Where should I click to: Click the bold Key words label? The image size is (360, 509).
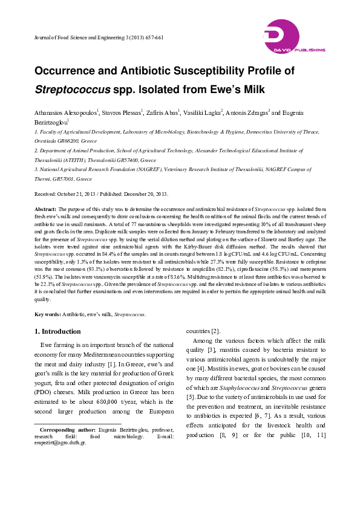click(x=47, y=314)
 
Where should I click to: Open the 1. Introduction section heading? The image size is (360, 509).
click(x=57, y=331)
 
